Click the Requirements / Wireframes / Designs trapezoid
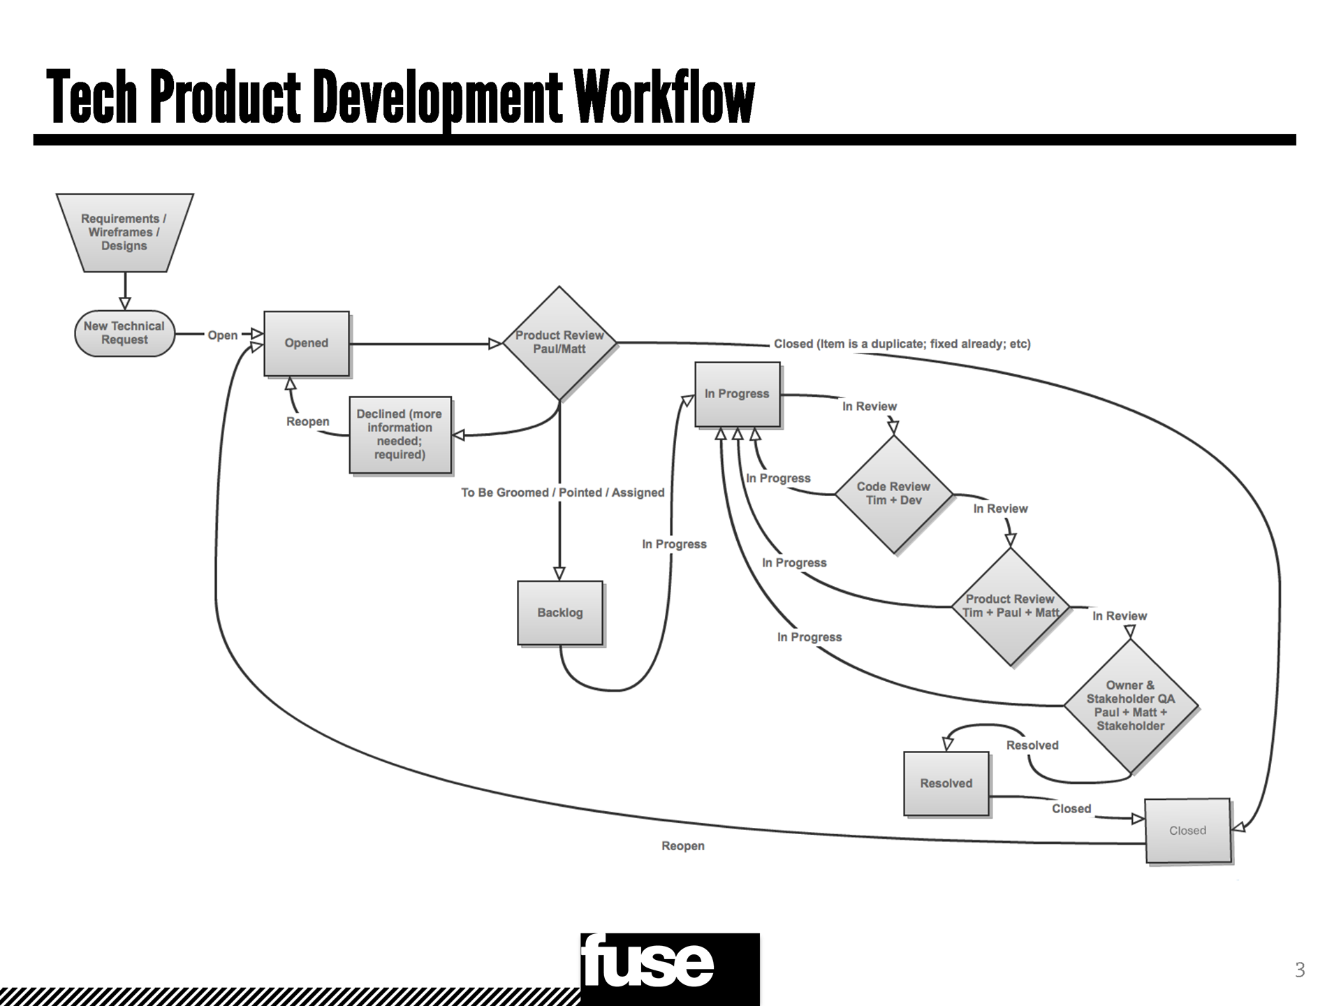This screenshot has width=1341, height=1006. pos(124,233)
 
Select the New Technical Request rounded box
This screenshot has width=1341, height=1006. pos(124,333)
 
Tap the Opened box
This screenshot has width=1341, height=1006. pos(306,343)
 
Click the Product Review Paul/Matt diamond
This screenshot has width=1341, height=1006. pos(559,342)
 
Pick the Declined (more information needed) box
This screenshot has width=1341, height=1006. pos(400,435)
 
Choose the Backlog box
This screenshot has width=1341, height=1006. pos(559,613)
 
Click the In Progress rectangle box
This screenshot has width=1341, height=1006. pos(737,394)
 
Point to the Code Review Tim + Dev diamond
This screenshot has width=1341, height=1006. pos(893,494)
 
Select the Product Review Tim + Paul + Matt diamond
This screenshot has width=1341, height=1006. pos(1010,606)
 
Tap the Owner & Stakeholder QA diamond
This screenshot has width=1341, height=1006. pos(1130,706)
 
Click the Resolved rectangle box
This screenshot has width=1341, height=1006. pos(946,783)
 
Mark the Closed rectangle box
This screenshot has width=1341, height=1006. pos(1187,831)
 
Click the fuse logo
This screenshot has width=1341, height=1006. pos(669,968)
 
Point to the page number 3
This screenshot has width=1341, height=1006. pos(1299,970)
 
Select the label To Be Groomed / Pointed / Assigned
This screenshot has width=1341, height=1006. pos(562,493)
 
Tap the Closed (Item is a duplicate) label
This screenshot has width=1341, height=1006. pos(902,344)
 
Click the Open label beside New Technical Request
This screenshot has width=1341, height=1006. pos(223,335)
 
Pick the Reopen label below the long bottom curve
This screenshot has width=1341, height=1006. pos(683,846)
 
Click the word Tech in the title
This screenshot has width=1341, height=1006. pos(91,98)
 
